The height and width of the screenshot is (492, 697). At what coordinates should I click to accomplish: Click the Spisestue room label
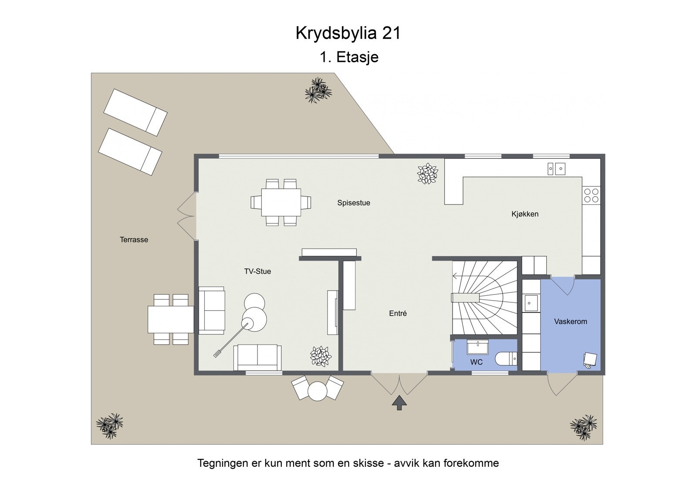click(353, 203)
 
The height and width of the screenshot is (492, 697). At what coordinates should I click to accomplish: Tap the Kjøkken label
click(524, 214)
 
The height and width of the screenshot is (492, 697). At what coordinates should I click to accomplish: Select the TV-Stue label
click(257, 271)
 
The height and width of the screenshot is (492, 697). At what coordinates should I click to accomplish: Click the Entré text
click(398, 313)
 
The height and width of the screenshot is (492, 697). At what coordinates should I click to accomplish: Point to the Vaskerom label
click(570, 321)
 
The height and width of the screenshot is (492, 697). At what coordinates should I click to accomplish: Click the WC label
click(476, 362)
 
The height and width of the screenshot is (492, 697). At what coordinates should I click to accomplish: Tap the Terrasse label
click(134, 240)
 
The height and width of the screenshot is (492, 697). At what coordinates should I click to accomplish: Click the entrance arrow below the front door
click(399, 403)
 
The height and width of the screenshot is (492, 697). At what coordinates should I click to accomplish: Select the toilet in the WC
click(505, 359)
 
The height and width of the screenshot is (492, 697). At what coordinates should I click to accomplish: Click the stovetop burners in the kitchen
click(591, 195)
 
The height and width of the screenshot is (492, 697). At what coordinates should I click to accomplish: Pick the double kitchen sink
click(556, 168)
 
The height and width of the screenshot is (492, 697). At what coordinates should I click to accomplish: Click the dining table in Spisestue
click(281, 202)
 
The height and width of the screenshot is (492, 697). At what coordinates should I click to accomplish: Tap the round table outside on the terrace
click(317, 391)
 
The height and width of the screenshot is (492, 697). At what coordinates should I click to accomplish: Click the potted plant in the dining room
click(427, 174)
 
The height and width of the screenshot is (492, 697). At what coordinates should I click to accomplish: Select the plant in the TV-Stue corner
click(321, 356)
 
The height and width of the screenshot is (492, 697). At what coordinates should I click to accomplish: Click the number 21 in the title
click(391, 33)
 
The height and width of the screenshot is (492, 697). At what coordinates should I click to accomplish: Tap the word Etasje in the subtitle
click(357, 57)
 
